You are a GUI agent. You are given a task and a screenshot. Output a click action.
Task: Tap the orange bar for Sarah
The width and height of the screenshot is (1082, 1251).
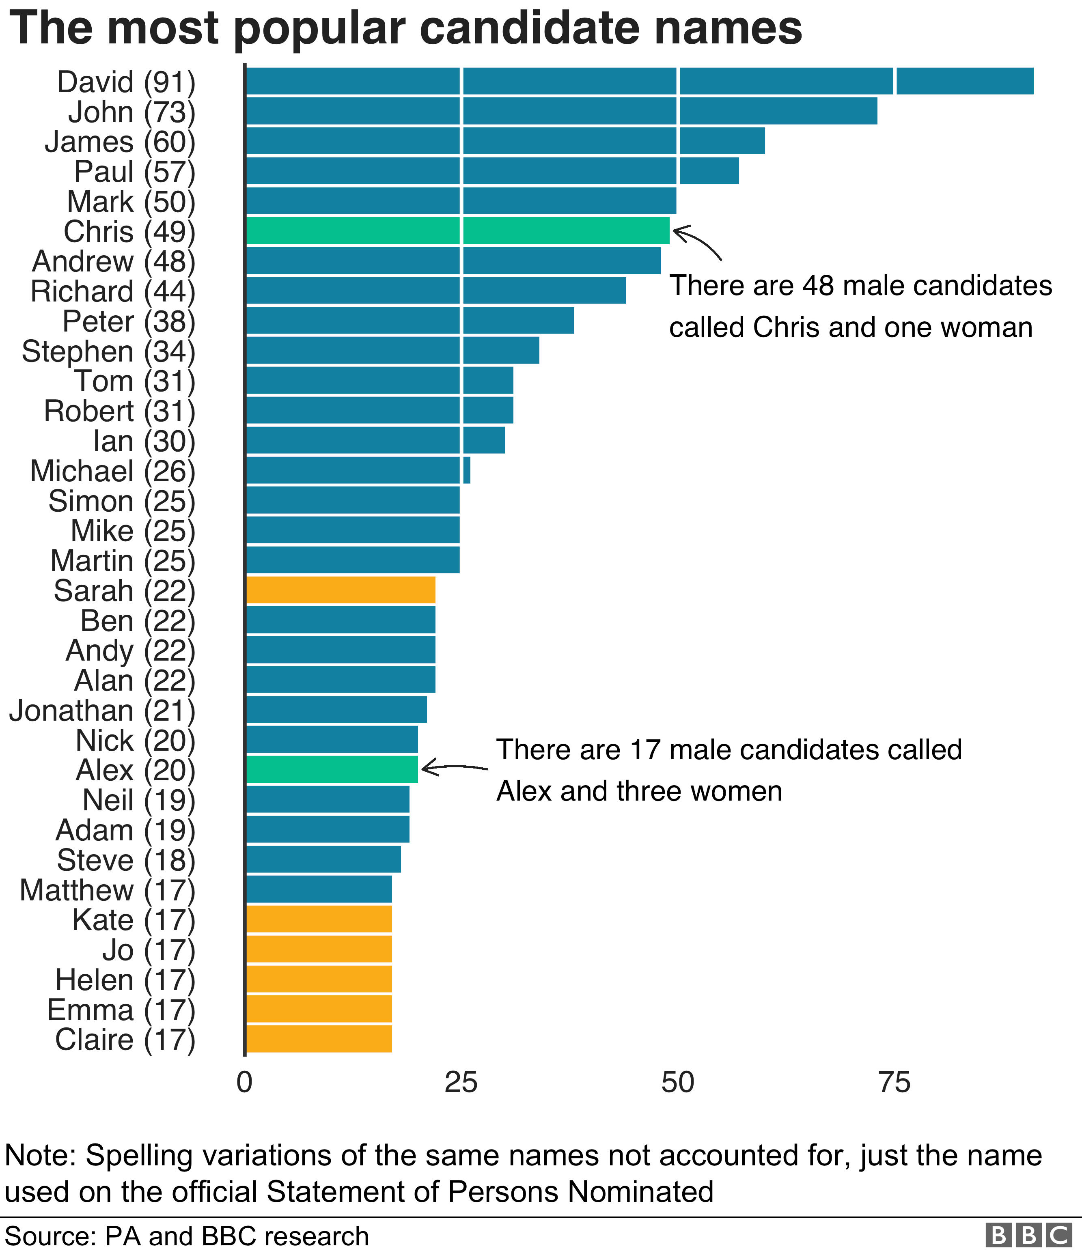point(341,590)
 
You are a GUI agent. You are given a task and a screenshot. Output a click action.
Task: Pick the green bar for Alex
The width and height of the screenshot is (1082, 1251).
point(332,769)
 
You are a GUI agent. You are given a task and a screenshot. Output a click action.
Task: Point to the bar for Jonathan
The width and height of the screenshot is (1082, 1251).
point(336,709)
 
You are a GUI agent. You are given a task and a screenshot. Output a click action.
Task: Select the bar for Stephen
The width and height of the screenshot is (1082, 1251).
point(392,350)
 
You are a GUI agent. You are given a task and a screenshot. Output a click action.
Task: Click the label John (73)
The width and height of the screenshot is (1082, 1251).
point(131,112)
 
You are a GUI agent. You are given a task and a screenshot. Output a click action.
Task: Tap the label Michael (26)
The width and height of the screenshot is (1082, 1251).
point(113,472)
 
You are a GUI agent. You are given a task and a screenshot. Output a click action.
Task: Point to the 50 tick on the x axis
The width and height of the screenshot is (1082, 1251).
point(677,1083)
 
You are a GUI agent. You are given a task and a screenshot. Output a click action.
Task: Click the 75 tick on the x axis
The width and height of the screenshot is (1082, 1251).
point(894,1083)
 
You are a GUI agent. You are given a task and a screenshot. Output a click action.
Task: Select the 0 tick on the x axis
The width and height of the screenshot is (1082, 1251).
point(245,1083)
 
